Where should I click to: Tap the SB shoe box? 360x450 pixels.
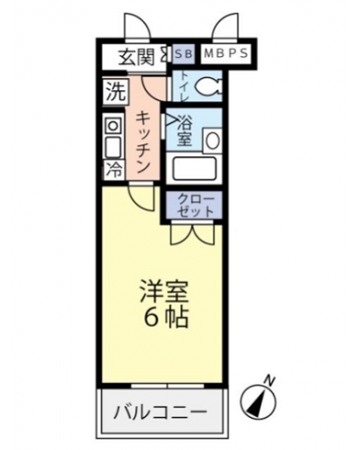pos(184,54)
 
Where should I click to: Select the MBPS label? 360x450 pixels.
pos(226,53)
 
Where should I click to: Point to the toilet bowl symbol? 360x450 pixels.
pos(208,85)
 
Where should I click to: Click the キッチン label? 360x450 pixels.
pos(143,142)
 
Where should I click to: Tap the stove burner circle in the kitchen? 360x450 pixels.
pos(112,125)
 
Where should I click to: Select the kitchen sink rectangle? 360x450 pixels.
pos(112,147)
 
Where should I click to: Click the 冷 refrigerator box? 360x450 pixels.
pos(115,169)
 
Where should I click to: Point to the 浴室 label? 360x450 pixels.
pos(184,131)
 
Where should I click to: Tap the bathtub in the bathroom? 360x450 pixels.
pos(195,169)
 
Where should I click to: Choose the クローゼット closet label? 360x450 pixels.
pos(196,205)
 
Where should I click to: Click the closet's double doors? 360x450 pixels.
pos(193,233)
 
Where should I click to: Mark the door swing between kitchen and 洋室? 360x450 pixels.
pos(142,197)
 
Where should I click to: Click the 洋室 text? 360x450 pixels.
pos(164,292)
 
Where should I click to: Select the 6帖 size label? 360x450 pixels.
pos(166,318)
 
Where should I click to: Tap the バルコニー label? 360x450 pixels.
pos(160,412)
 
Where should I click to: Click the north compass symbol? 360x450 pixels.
pos(258,400)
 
